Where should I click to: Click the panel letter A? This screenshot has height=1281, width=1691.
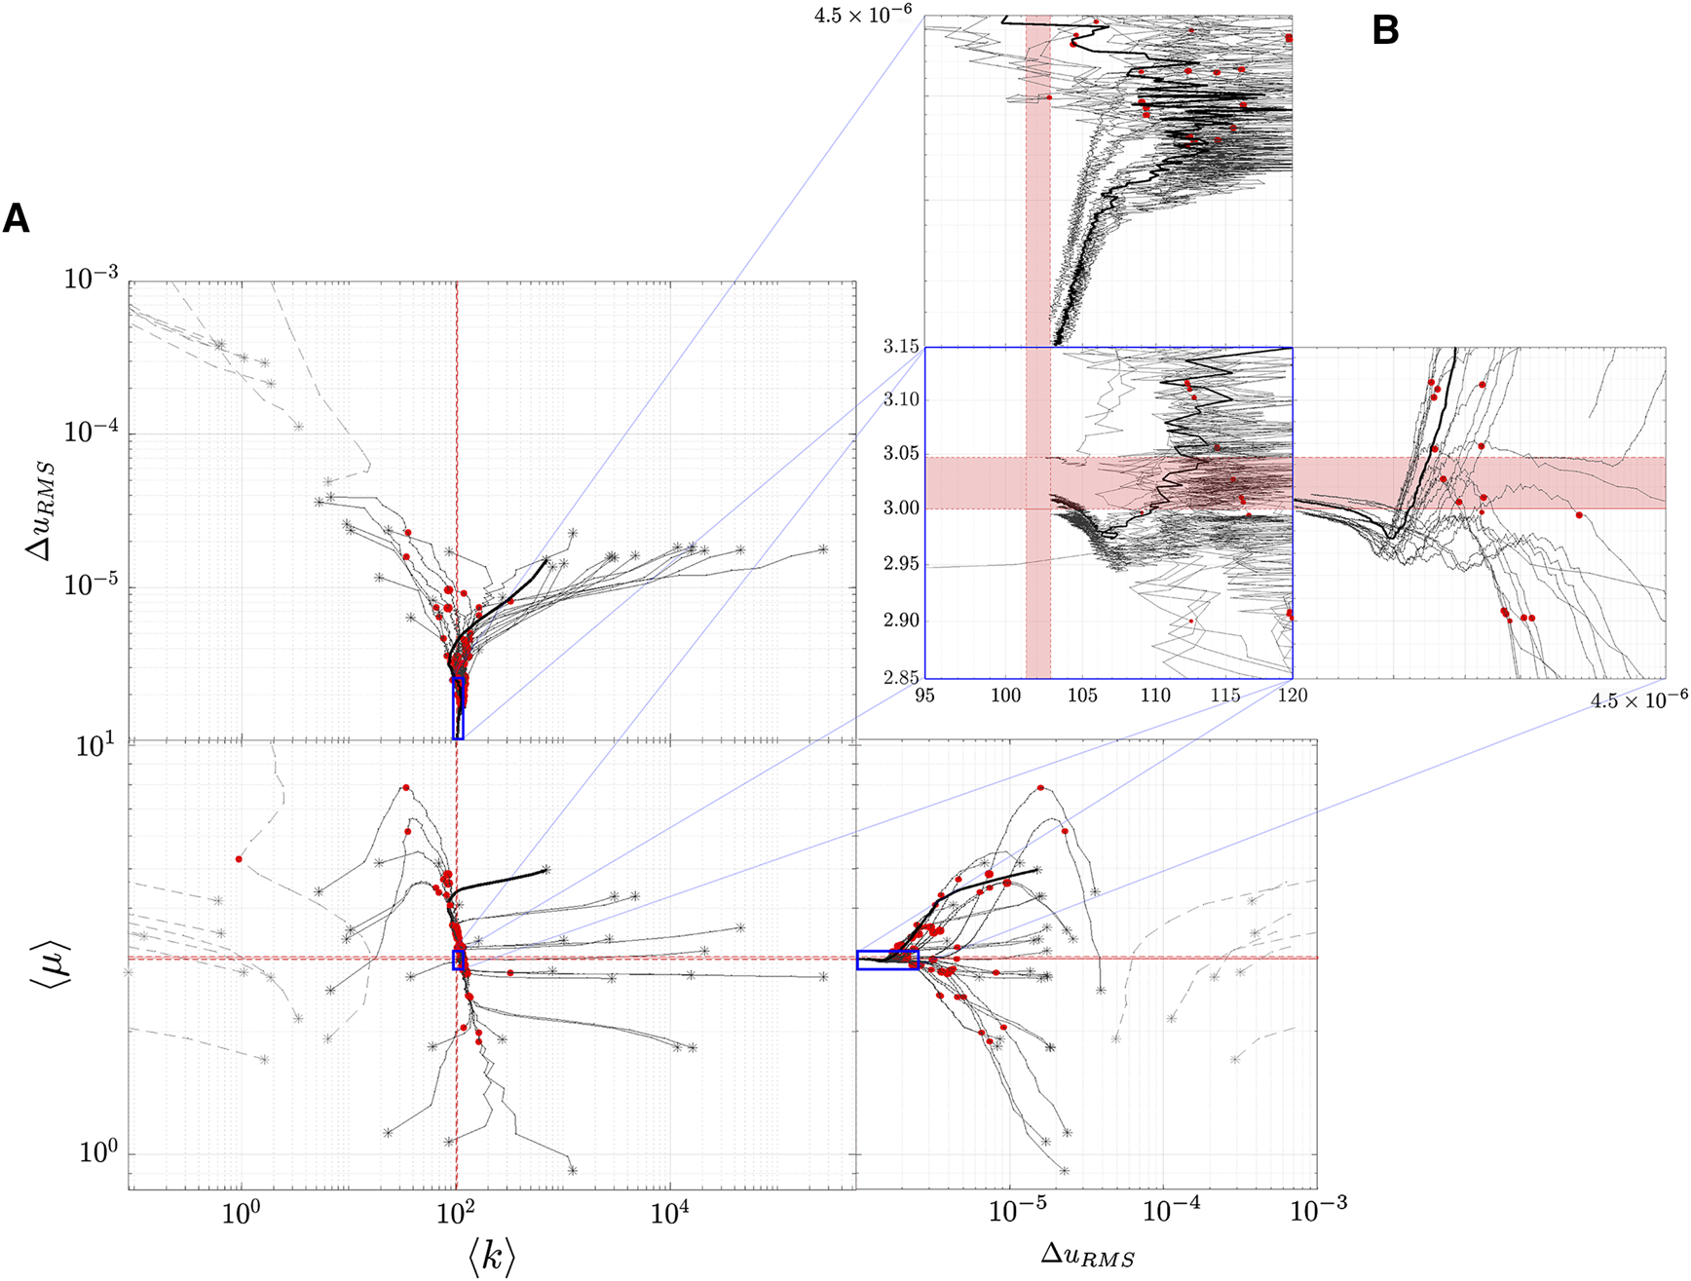(16, 219)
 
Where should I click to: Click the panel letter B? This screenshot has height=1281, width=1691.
(1384, 31)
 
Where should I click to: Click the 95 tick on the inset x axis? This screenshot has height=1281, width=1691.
(925, 696)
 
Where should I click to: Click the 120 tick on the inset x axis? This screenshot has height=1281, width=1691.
(1292, 696)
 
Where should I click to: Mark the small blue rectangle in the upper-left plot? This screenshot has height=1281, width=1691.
(459, 709)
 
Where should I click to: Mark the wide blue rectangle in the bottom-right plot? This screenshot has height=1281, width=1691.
(887, 960)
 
